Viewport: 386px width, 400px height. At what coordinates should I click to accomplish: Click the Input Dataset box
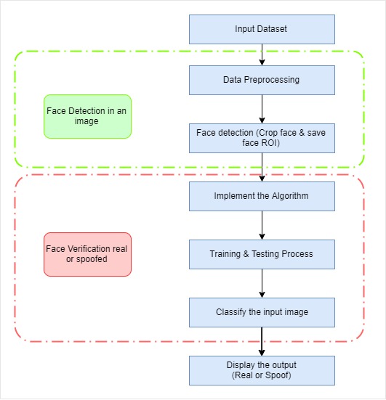[262, 29]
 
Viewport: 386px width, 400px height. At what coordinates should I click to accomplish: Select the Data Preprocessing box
[262, 80]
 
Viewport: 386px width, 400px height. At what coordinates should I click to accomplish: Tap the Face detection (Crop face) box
[262, 138]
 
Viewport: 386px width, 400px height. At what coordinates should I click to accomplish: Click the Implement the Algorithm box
[262, 196]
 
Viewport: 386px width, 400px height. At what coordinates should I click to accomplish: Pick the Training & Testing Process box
[262, 254]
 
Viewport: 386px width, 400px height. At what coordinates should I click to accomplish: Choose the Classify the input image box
[262, 312]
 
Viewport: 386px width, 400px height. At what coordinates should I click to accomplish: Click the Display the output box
[262, 370]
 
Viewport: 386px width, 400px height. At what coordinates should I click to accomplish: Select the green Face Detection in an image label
[87, 116]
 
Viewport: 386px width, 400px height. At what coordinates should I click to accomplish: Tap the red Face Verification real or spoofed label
[87, 254]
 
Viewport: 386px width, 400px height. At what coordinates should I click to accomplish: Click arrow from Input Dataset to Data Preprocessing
[262, 54]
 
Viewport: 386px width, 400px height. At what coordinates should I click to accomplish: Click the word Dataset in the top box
[273, 29]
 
